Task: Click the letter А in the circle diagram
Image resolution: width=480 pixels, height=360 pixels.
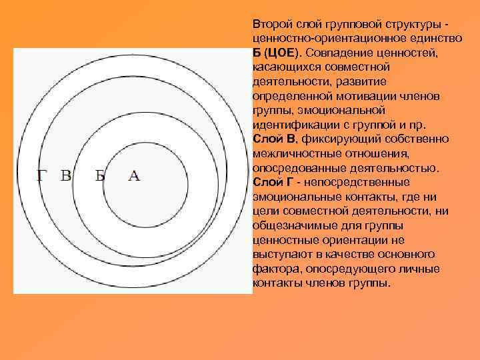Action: click(x=133, y=176)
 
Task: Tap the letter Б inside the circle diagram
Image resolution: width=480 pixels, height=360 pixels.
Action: click(x=100, y=176)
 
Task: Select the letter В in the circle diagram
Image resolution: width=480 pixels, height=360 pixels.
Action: click(x=66, y=176)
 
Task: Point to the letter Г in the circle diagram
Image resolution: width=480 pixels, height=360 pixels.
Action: click(x=41, y=176)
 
